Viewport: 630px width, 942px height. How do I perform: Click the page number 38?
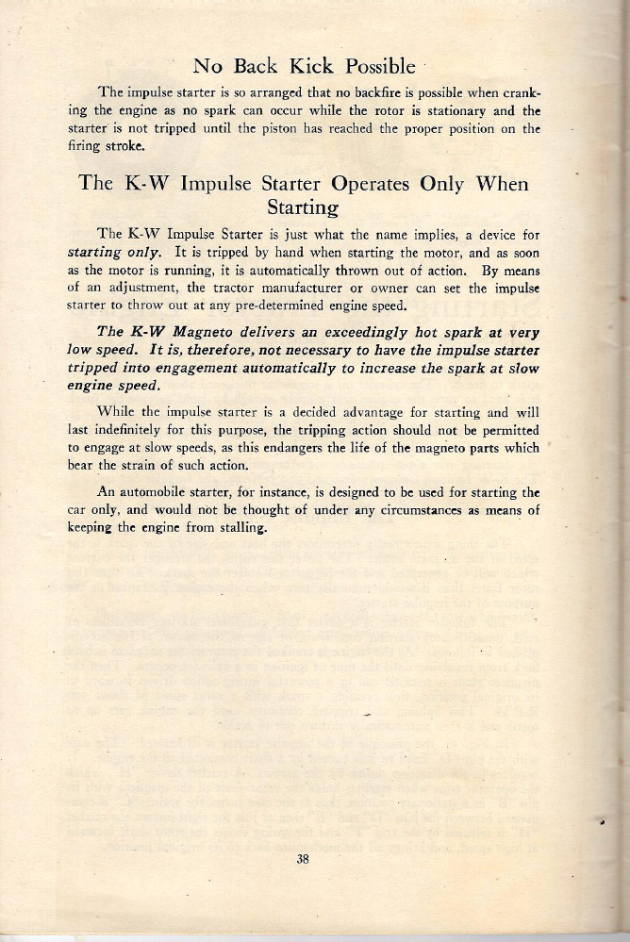coord(304,858)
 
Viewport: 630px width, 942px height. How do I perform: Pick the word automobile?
coord(164,493)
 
